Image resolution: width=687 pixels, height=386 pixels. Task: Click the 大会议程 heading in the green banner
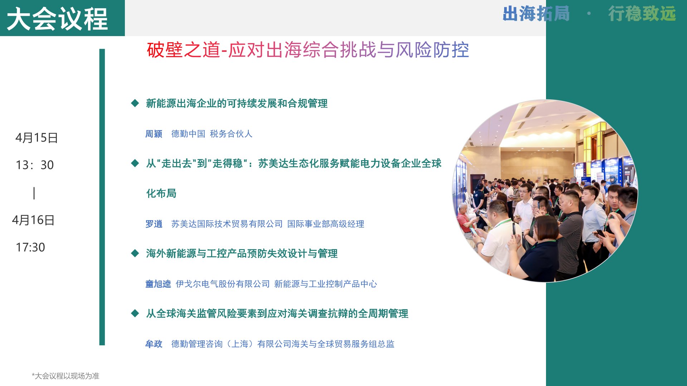click(x=57, y=19)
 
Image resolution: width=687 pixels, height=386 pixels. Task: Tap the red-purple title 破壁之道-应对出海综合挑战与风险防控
click(x=308, y=50)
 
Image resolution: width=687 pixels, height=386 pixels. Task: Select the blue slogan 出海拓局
click(x=536, y=14)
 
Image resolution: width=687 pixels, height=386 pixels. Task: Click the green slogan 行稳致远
click(x=642, y=14)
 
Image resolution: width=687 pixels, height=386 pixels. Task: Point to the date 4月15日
click(x=36, y=138)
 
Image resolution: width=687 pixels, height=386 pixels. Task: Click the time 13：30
click(x=35, y=165)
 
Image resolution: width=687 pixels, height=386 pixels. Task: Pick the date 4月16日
click(x=33, y=220)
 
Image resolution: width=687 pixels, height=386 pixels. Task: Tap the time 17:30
click(x=30, y=247)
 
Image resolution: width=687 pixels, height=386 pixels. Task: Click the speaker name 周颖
click(x=154, y=134)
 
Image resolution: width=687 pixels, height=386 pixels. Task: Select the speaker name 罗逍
click(x=154, y=224)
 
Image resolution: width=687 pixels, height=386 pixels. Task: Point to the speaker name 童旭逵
click(x=158, y=284)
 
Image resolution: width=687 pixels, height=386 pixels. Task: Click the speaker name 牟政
click(x=154, y=344)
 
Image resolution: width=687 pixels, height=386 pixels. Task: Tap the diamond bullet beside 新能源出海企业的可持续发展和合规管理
click(x=135, y=103)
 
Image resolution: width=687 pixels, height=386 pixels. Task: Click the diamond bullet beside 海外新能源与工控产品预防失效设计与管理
click(x=135, y=253)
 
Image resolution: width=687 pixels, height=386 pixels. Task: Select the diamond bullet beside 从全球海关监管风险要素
click(x=135, y=313)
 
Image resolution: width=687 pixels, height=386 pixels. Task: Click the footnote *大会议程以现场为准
click(x=65, y=376)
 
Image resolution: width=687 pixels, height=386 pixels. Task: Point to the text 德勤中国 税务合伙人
click(x=212, y=134)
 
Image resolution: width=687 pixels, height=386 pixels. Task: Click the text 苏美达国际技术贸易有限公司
click(x=227, y=224)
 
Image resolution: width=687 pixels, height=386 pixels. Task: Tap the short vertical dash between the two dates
click(x=34, y=193)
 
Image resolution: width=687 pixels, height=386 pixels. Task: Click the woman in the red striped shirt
click(x=465, y=220)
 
